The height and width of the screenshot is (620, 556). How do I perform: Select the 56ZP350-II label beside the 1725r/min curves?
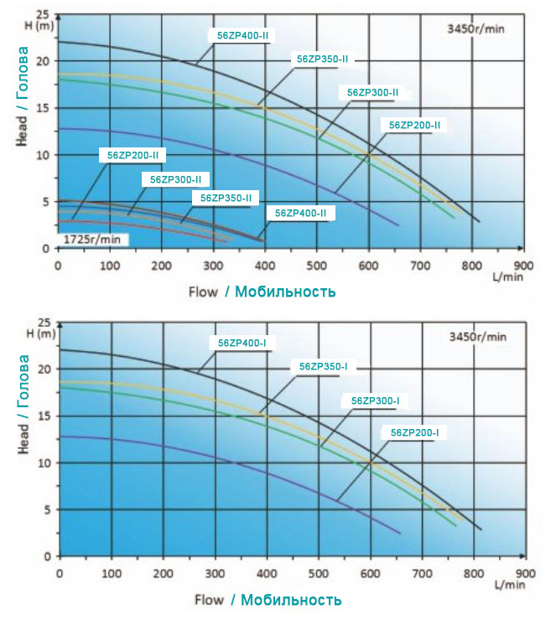226,198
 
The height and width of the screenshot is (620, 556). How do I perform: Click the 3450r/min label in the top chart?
475,28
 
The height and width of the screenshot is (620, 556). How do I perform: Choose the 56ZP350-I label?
323,366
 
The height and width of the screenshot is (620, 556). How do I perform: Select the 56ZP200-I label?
414,432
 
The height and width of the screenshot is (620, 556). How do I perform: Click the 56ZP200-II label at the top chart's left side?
133,155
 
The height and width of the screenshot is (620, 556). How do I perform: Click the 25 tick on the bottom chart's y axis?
45,323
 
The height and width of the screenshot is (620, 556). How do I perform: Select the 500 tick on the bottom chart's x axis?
319,572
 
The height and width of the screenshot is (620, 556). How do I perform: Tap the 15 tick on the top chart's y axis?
45,108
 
